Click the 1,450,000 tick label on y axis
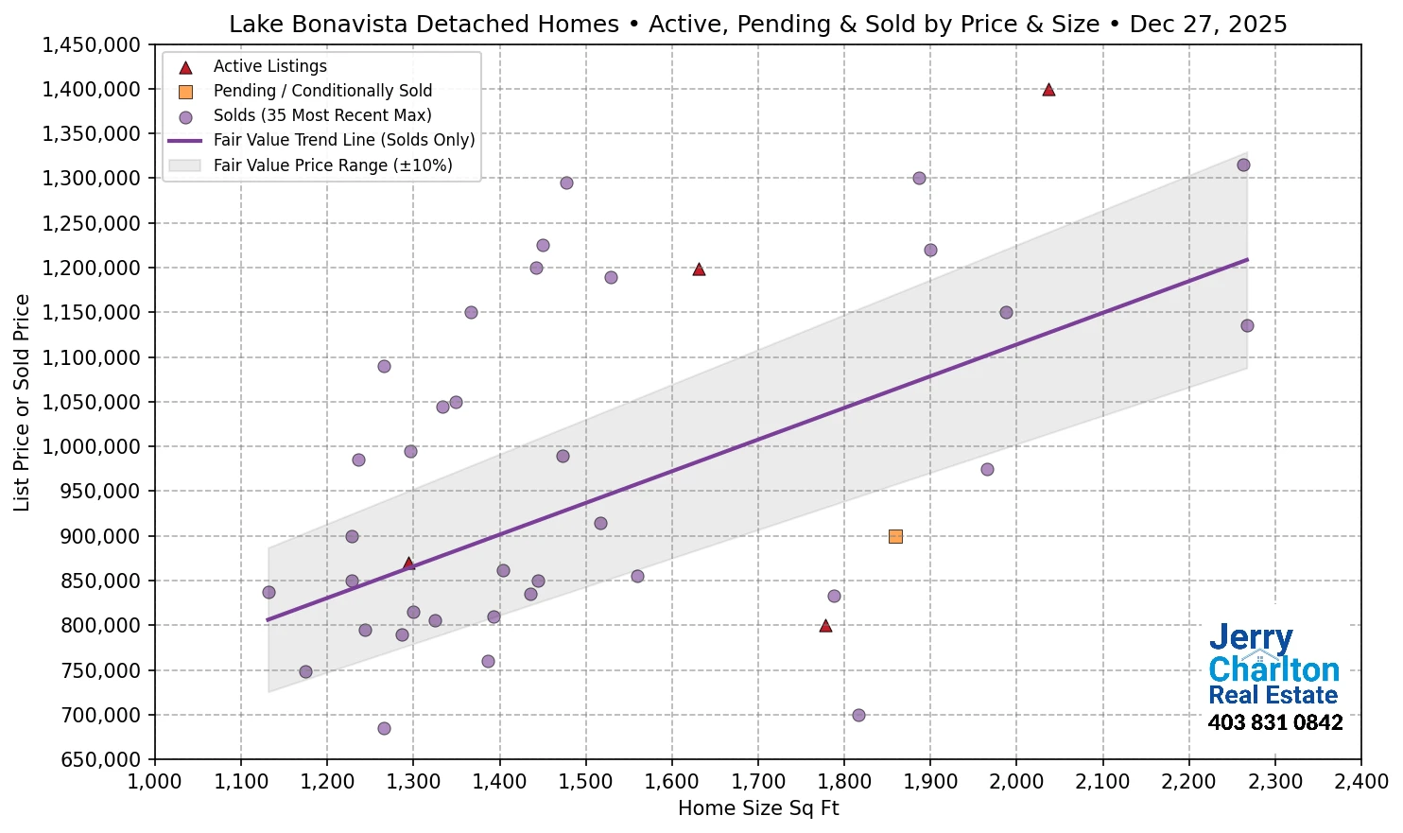[92, 45]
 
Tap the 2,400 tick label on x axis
[1360, 782]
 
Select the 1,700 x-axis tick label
[758, 782]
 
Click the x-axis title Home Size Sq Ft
[758, 808]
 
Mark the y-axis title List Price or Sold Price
[22, 403]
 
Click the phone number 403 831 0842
[1274, 723]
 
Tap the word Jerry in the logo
[1251, 639]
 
